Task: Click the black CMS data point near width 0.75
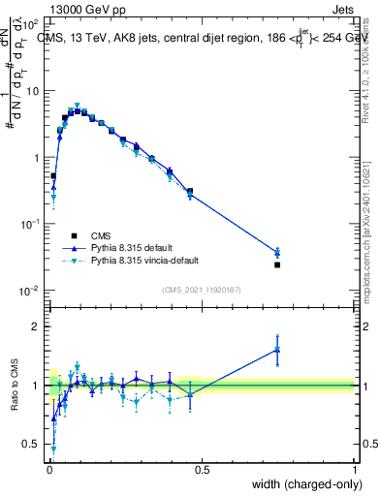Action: point(277,264)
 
